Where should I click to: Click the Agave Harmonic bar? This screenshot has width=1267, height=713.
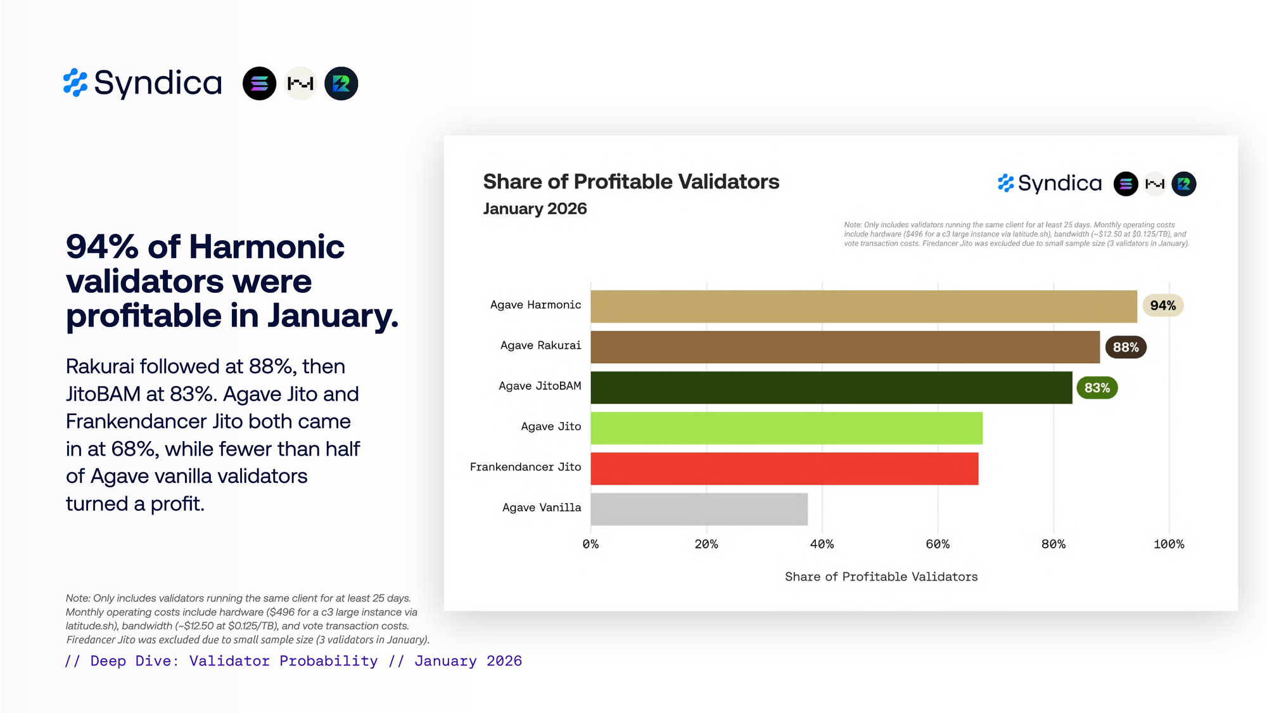click(x=863, y=306)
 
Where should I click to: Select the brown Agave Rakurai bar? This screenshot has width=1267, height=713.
click(x=845, y=347)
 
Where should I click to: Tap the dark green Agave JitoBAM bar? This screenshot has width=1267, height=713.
click(x=831, y=387)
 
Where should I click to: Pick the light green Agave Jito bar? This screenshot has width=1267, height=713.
click(x=786, y=428)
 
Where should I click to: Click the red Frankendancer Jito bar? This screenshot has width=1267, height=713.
click(x=784, y=468)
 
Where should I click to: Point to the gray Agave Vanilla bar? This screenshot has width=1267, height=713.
click(x=699, y=509)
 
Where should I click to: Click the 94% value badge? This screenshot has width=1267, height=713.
click(x=1162, y=305)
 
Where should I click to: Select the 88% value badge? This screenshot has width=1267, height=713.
click(x=1126, y=347)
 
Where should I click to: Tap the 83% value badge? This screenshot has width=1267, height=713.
click(x=1097, y=388)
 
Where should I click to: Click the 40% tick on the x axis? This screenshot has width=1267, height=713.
click(x=822, y=544)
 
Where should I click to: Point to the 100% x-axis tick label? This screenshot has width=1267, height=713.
click(x=1168, y=544)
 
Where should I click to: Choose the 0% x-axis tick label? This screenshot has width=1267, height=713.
click(x=590, y=544)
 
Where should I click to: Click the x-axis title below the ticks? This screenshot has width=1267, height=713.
click(x=881, y=577)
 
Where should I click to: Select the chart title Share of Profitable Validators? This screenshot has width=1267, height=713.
click(x=631, y=182)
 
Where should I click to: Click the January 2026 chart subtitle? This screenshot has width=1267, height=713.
click(x=535, y=209)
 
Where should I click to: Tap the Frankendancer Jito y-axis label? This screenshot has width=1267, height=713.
click(x=525, y=467)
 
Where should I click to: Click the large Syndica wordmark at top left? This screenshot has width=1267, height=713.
click(x=158, y=83)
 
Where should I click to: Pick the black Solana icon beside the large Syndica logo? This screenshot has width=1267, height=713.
click(x=259, y=84)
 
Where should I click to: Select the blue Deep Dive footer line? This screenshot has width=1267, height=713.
click(x=293, y=661)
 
